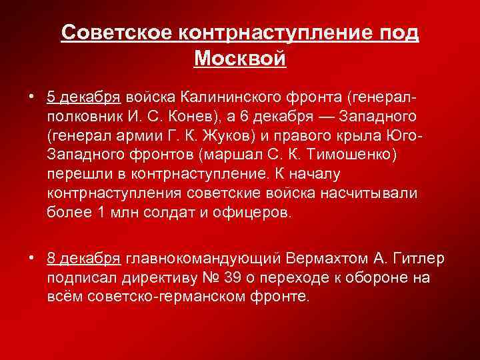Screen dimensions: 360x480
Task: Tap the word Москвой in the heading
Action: click(x=240, y=58)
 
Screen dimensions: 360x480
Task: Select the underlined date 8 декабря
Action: click(x=83, y=258)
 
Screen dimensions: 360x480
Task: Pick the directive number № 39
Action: click(x=242, y=277)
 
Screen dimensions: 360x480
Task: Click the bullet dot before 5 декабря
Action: click(x=32, y=97)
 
